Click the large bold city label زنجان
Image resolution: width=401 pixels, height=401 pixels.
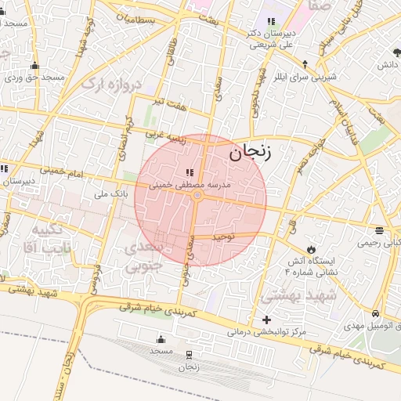250,152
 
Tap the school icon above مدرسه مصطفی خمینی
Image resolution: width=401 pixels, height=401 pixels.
189,172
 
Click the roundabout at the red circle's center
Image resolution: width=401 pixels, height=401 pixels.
198,194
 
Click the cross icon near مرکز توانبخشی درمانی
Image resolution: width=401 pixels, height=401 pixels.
267,320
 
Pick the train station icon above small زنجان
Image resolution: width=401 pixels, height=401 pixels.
189,355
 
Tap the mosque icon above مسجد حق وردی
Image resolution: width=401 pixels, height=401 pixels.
35,65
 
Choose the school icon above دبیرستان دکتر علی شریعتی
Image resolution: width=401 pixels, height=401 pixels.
271,21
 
